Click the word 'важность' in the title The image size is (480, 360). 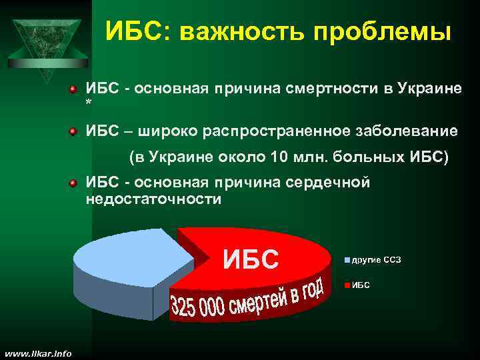coord(231,32)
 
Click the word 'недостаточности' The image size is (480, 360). coord(153,199)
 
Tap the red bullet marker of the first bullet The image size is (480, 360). coord(75,89)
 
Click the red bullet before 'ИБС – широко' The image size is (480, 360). coord(75,131)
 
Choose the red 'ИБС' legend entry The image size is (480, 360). coord(361,285)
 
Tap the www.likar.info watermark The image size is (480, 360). coord(37,353)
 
